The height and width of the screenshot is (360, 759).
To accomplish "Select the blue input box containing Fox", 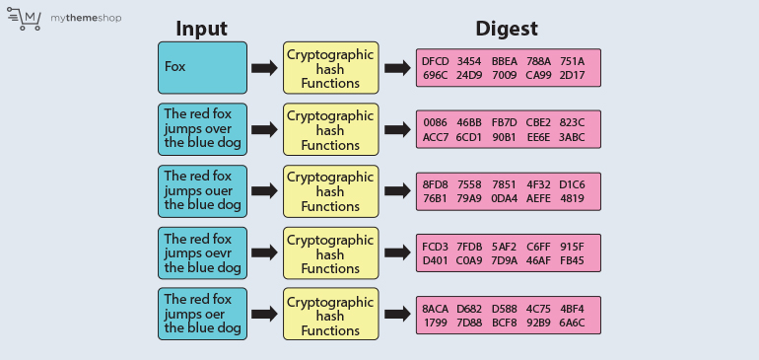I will [201, 68].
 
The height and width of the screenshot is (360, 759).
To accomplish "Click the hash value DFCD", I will [435, 61].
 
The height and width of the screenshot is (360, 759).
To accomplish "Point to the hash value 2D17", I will [572, 75].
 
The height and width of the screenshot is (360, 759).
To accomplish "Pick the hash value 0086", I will [435, 123].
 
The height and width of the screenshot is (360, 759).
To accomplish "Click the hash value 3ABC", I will [572, 137].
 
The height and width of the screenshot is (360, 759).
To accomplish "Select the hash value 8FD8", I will [435, 184].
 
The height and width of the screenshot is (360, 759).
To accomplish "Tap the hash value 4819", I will [572, 198].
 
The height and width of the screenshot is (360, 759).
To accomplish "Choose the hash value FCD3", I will [435, 247].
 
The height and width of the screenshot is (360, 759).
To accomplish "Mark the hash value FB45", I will [572, 260].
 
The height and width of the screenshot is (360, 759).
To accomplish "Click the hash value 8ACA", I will [435, 309].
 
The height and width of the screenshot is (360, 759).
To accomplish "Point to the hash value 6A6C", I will [572, 323].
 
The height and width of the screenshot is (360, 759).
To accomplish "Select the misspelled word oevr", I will [222, 252].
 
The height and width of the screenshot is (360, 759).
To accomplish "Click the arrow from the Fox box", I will [264, 68].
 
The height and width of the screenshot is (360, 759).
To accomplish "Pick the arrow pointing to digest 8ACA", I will [397, 315].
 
